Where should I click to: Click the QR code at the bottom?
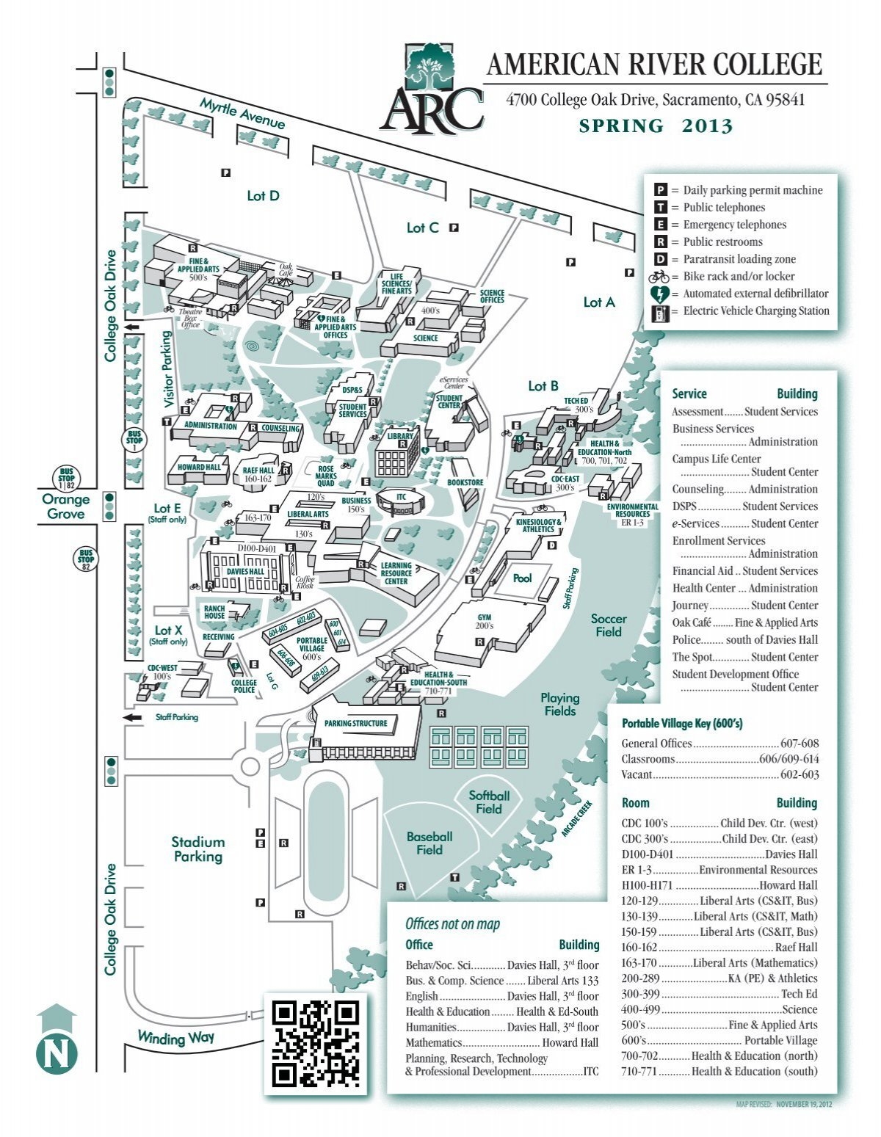(316, 1044)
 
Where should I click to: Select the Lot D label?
(263, 196)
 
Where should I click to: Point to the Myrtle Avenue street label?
(242, 115)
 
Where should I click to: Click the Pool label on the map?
(522, 578)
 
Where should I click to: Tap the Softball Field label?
(489, 802)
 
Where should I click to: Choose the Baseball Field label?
(429, 843)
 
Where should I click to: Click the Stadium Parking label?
(197, 849)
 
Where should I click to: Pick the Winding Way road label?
(175, 1038)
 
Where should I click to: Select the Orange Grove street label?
(65, 506)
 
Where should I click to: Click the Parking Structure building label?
(355, 723)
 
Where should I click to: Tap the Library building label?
(400, 436)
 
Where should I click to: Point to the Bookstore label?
(465, 482)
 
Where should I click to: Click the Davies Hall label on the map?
(245, 571)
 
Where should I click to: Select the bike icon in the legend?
(659, 277)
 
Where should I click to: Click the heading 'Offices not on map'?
(452, 924)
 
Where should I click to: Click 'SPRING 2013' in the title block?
(656, 126)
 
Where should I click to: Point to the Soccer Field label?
(608, 625)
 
